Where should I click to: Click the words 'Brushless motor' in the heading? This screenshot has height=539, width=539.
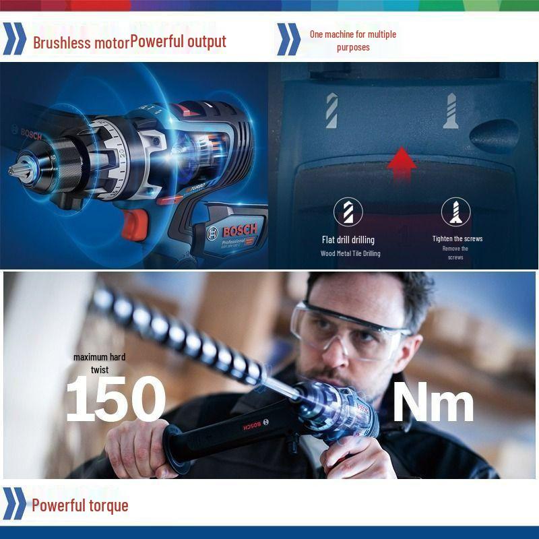[x=81, y=42]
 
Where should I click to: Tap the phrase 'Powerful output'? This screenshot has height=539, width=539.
[x=179, y=41]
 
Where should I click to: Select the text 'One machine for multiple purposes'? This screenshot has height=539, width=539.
[x=352, y=40]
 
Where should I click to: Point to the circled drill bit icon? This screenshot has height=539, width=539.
[x=348, y=212]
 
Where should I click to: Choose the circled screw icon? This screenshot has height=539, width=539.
[x=455, y=212]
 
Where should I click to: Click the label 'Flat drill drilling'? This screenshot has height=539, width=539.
[x=348, y=239]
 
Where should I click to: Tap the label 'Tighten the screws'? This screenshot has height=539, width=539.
[x=457, y=239]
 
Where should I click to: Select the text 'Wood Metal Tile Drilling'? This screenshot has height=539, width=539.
[x=350, y=253]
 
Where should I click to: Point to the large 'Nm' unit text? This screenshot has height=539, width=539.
[x=433, y=402]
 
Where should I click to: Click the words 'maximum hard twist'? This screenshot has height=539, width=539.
[x=99, y=363]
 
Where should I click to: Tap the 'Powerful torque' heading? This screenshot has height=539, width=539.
[x=80, y=505]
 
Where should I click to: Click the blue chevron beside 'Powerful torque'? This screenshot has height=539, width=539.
[x=14, y=503]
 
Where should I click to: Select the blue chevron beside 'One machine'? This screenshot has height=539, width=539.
[x=288, y=40]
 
